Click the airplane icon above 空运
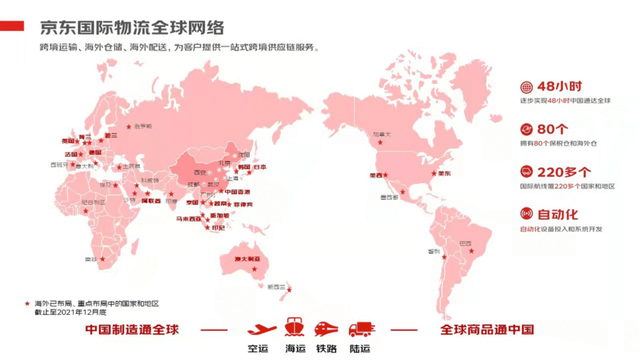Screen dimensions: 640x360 point(261,328)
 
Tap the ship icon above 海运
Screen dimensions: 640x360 point(294,328)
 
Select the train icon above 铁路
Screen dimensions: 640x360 point(326,328)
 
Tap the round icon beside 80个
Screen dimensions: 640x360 point(526,129)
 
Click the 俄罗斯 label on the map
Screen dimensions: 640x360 point(141,126)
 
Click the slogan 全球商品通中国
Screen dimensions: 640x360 point(487,329)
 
